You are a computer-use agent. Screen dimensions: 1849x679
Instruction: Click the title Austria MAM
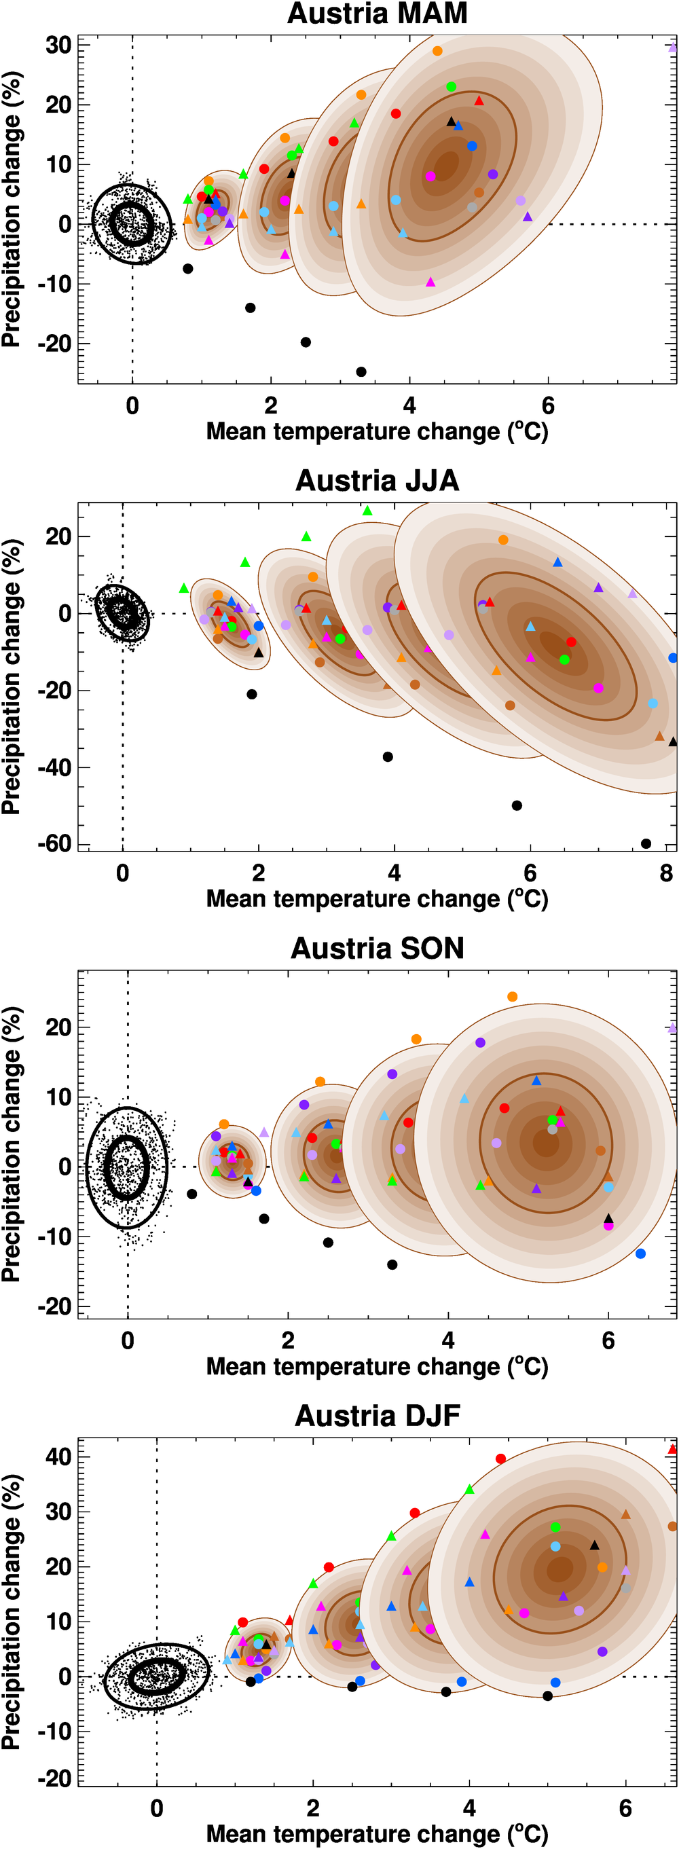pyautogui.click(x=377, y=14)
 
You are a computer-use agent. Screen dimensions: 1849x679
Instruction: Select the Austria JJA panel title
pyautogui.click(x=377, y=481)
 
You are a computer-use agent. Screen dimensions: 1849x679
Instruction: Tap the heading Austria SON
pyautogui.click(x=377, y=948)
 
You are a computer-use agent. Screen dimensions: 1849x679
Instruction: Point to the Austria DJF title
pyautogui.click(x=377, y=1416)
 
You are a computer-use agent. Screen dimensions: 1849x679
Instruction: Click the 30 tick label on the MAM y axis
pyautogui.click(x=58, y=45)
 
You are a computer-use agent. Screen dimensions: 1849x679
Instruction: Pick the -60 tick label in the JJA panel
pyautogui.click(x=55, y=843)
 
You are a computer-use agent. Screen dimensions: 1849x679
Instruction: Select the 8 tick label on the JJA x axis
pyautogui.click(x=666, y=873)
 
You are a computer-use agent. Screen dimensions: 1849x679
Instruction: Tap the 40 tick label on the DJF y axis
pyautogui.click(x=58, y=1457)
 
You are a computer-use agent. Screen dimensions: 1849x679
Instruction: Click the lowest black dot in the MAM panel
pyautogui.click(x=361, y=372)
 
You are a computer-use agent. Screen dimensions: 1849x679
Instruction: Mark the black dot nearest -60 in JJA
pyautogui.click(x=646, y=843)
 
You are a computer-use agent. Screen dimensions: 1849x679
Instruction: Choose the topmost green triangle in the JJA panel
pyautogui.click(x=367, y=511)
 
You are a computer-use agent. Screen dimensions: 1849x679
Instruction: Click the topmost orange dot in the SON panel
pyautogui.click(x=513, y=997)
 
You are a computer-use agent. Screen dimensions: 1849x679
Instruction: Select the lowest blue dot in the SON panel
pyautogui.click(x=640, y=1253)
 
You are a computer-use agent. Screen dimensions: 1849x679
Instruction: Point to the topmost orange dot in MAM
pyautogui.click(x=437, y=51)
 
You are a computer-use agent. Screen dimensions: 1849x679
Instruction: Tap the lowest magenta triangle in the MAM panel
pyautogui.click(x=430, y=282)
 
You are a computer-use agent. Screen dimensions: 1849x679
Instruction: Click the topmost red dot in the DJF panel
pyautogui.click(x=501, y=1459)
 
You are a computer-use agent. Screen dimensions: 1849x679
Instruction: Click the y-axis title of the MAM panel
pyautogui.click(x=12, y=210)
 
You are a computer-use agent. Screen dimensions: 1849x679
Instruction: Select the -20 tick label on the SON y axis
pyautogui.click(x=55, y=1306)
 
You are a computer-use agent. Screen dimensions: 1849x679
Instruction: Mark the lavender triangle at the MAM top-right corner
pyautogui.click(x=672, y=48)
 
